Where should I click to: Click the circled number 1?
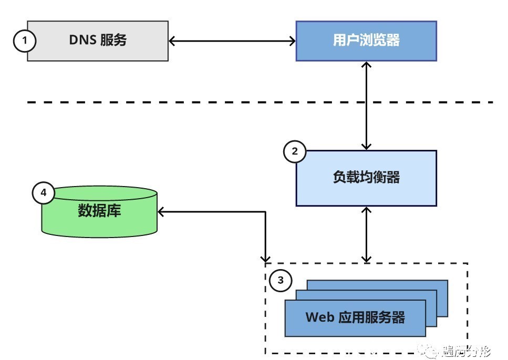pos(25,40)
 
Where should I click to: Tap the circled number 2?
pos(295,152)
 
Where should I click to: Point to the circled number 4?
pos(44,193)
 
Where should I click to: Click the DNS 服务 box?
pos(98,40)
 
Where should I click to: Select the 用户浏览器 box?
pos(366,40)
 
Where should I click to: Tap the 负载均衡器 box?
pos(366,178)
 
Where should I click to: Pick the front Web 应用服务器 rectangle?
pos(355,318)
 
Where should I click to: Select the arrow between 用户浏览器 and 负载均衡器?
pos(366,105)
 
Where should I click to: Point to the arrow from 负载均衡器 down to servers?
pos(366,234)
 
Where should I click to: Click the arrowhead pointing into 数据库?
pos(162,211)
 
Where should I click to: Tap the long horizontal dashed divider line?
pos(158,102)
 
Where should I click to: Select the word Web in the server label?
pos(319,318)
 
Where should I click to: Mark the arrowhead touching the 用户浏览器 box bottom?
pos(366,65)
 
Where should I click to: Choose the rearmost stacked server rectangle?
pos(441,286)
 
